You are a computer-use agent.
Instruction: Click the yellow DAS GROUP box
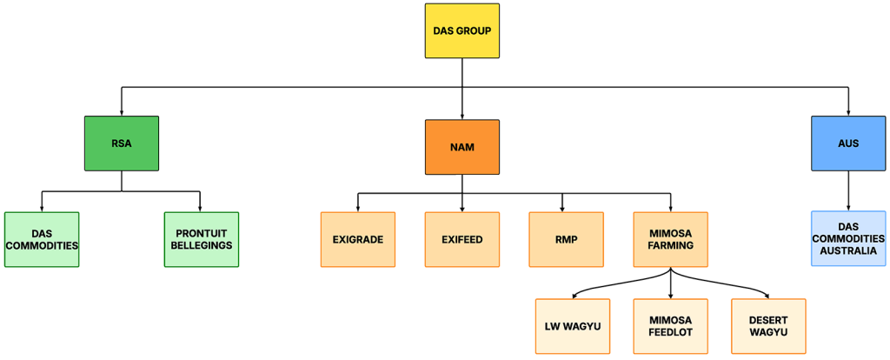[x=462, y=31]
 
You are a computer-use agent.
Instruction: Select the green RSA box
[x=122, y=143]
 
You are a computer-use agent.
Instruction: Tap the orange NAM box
[x=462, y=148]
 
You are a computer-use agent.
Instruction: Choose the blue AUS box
[x=848, y=143]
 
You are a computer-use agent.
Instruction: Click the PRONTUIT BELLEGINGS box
[x=202, y=239]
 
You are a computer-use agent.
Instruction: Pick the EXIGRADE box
[x=358, y=239]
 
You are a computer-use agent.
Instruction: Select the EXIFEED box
[x=462, y=239]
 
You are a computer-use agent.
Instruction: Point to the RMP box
[x=566, y=239]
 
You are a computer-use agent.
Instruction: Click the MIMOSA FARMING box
[x=670, y=239]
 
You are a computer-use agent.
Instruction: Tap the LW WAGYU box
[x=573, y=326]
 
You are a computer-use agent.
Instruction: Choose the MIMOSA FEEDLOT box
[x=670, y=326]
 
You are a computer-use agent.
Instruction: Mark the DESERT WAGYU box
[x=768, y=326]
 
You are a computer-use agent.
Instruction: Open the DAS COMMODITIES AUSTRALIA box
[x=848, y=238]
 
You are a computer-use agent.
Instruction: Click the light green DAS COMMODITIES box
[x=42, y=239]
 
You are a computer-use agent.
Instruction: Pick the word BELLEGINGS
[x=202, y=246]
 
